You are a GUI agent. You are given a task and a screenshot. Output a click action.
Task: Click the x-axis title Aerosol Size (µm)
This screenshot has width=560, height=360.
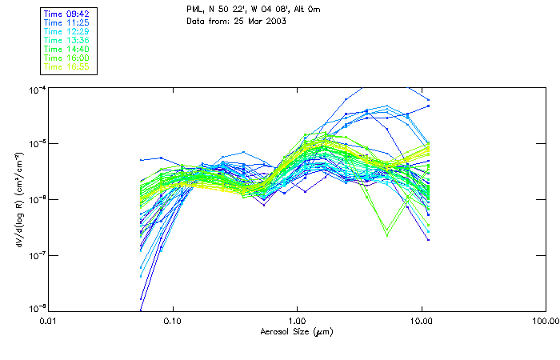click(296, 331)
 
